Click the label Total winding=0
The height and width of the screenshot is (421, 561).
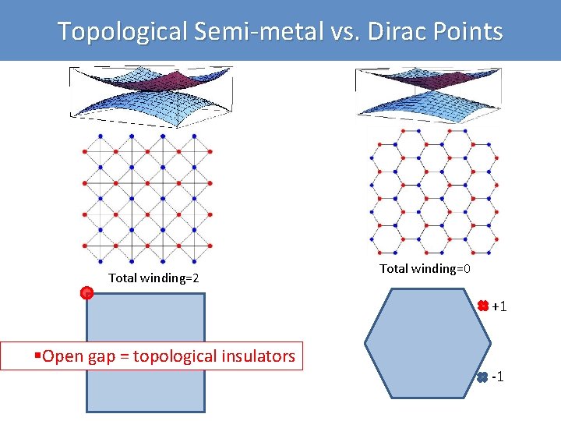coord(425,269)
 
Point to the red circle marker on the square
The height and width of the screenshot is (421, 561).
coord(86,293)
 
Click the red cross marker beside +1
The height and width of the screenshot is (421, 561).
coord(482,306)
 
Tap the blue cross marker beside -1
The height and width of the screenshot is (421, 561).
coord(482,377)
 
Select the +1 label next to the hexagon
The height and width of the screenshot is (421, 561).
coord(499,306)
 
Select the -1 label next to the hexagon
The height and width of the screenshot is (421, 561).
coord(498,377)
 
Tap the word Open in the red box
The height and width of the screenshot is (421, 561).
coord(61,357)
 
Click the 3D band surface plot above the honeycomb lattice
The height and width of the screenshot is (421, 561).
coord(425,94)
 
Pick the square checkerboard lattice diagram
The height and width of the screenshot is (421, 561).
coord(146,198)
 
